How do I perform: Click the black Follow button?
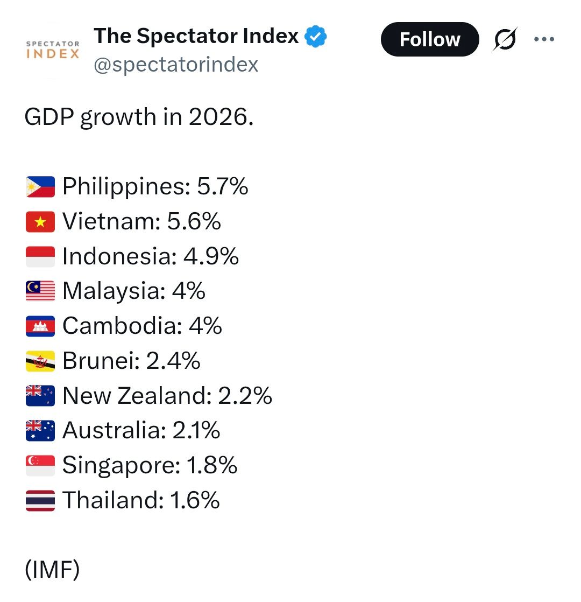click(x=429, y=39)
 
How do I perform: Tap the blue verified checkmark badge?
click(x=316, y=37)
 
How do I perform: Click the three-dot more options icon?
click(x=543, y=39)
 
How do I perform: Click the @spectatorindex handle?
click(x=176, y=65)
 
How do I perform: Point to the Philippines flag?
click(x=40, y=187)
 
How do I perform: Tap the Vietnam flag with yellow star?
click(x=40, y=221)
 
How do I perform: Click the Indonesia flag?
click(x=40, y=256)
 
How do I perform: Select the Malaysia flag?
click(x=40, y=291)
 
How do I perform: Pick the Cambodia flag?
click(x=40, y=326)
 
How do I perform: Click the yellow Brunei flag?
click(x=40, y=361)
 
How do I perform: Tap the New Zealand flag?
click(x=40, y=396)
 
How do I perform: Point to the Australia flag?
click(x=40, y=430)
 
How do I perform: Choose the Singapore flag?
click(x=40, y=465)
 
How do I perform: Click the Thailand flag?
click(x=40, y=500)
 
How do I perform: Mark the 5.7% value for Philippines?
click(x=223, y=187)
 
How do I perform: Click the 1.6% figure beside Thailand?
click(x=195, y=500)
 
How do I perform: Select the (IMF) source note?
click(x=52, y=570)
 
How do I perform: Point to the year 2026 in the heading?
click(x=221, y=117)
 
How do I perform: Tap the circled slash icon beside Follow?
click(x=505, y=39)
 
